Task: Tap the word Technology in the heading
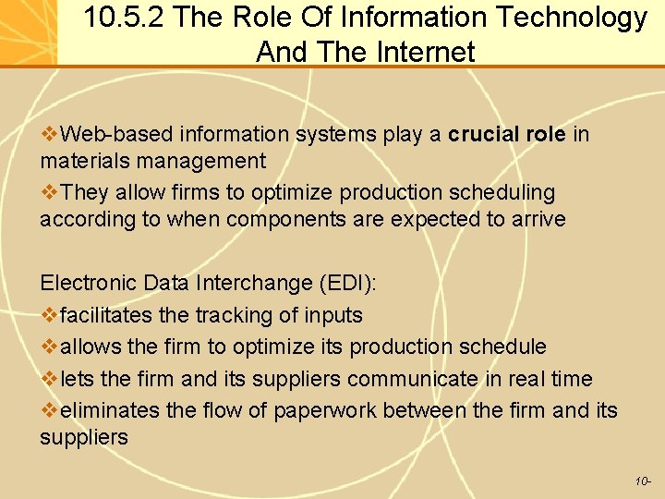572,18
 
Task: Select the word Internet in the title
426,52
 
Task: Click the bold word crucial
484,135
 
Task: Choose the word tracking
235,315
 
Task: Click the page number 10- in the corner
644,481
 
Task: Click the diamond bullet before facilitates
48,315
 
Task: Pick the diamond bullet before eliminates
48,410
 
